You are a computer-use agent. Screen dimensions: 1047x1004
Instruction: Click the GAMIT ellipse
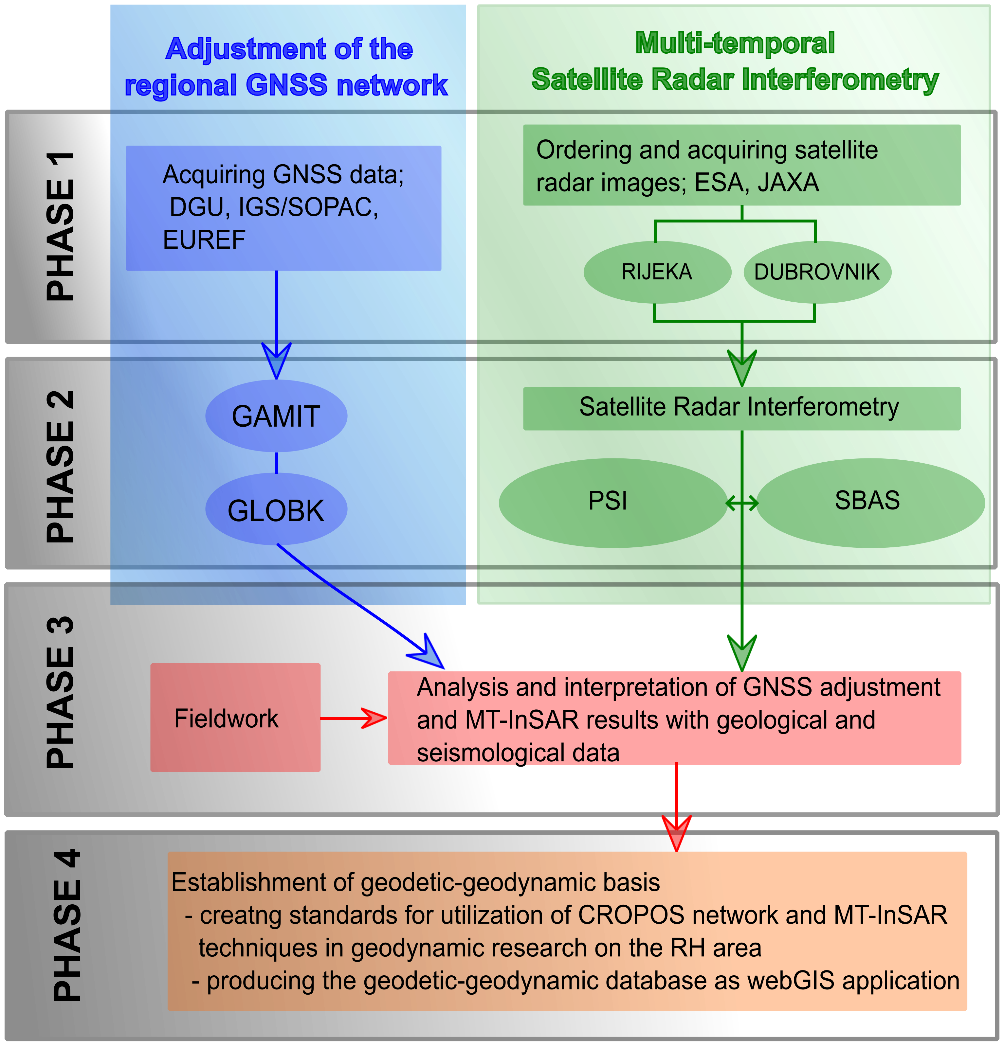(x=276, y=416)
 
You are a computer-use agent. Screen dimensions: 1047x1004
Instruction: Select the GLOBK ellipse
(x=276, y=510)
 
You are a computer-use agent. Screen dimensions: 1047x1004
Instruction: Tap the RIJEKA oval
(x=657, y=272)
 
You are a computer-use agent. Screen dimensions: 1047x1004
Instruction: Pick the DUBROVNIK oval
(x=817, y=272)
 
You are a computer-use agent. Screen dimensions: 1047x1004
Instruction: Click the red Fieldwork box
(x=235, y=718)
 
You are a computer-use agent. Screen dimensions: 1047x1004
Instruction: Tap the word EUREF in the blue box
(x=204, y=240)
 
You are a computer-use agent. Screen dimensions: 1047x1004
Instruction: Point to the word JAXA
(x=788, y=183)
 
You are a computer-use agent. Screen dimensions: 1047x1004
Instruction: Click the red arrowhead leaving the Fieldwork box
(x=375, y=718)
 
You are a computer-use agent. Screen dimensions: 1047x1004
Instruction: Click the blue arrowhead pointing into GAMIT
(x=276, y=361)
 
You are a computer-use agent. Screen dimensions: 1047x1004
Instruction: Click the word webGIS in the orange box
(x=791, y=981)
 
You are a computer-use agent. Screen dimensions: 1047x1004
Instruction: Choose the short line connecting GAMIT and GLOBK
(x=276, y=463)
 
